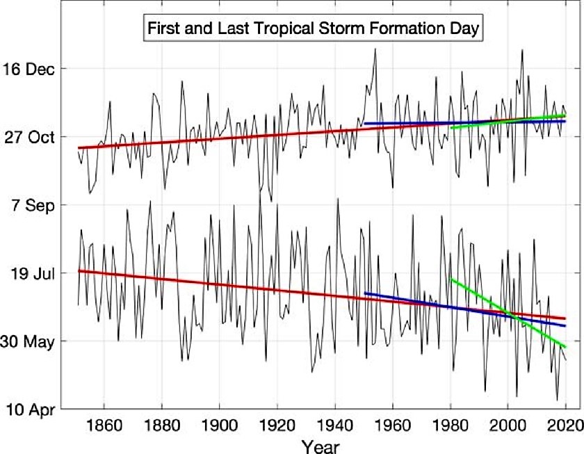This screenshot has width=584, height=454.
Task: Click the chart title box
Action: coord(312,29)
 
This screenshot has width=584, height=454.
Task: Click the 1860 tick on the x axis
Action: coord(104,425)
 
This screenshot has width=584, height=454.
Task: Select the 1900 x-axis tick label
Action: coord(219,425)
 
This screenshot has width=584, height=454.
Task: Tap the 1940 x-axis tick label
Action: coord(335,425)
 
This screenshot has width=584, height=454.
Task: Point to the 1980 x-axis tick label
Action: coord(451,425)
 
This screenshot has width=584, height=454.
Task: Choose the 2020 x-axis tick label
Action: coord(565,425)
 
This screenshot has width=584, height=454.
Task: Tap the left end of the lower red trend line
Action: coord(79,270)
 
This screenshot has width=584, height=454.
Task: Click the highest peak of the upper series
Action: coord(375,49)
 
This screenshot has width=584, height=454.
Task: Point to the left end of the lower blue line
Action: coord(365,293)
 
